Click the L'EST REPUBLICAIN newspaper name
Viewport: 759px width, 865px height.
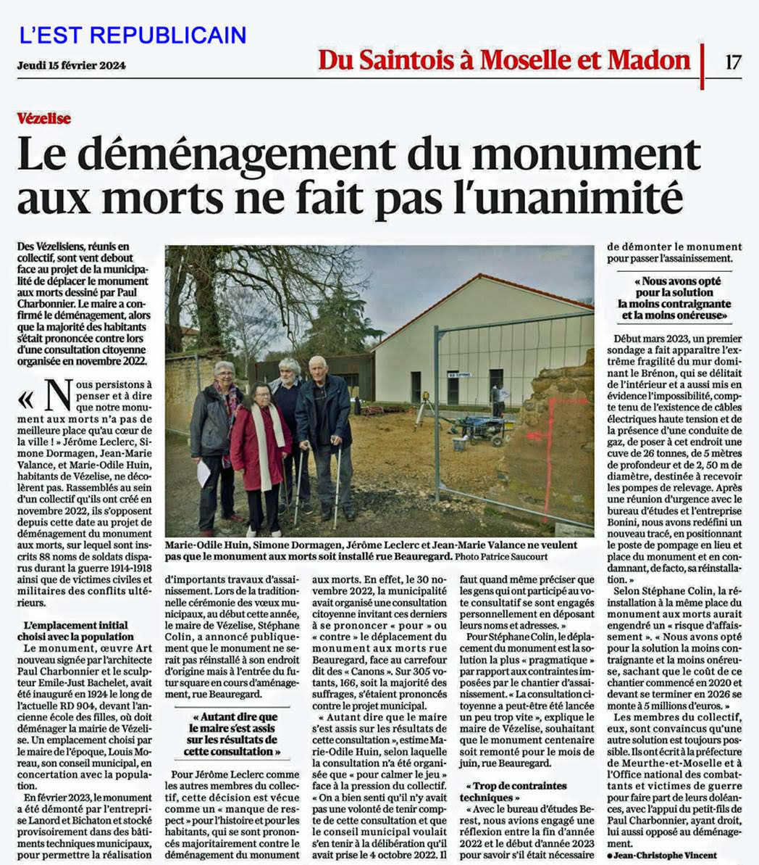133,35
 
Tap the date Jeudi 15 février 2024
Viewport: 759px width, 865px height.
71,65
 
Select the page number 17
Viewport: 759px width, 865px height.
733,62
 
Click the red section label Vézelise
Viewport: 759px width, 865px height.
44,118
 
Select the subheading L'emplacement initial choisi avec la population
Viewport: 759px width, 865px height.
75,631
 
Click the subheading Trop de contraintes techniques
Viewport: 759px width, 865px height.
515,792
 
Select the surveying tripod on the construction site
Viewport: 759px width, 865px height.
424,410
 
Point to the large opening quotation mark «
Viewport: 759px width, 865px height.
26,399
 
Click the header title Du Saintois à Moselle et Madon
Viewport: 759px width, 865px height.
504,60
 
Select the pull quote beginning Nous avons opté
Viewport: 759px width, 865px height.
674,298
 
